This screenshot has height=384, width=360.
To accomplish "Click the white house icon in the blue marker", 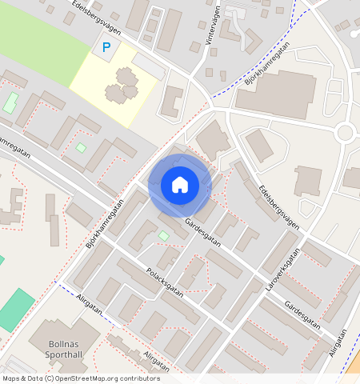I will click(180, 185).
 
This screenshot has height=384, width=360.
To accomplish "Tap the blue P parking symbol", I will click(106, 49).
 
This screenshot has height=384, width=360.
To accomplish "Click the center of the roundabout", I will click(345, 132).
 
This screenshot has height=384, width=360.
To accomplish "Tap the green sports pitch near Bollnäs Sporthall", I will click(16, 310).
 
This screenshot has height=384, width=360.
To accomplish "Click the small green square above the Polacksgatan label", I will click(163, 235).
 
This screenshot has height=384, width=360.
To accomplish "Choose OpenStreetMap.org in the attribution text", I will click(86, 378).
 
